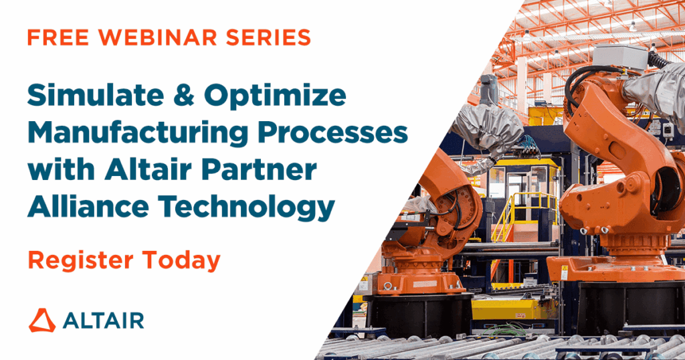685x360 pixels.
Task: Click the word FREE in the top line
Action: [x=58, y=37]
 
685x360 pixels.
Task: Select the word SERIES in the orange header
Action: [x=268, y=37]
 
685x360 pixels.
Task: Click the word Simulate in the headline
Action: [x=96, y=95]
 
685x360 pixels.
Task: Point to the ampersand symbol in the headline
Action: [x=184, y=95]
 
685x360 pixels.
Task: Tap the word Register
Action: [x=80, y=261]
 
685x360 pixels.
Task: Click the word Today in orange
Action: [x=181, y=261]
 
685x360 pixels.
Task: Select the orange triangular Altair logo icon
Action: [x=42, y=321]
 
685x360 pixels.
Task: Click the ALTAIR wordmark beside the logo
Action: [x=103, y=321]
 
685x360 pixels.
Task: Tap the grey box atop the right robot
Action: [x=619, y=58]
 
